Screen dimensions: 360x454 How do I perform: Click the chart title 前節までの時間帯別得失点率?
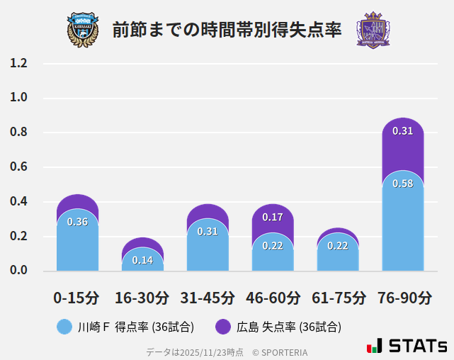coord(227,30)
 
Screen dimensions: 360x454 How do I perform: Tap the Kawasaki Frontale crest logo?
coord(83,29)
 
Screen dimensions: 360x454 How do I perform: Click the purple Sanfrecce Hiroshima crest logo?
coord(373,29)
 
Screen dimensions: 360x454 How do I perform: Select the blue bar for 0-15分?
coord(77,244)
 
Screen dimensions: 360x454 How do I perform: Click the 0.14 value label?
coord(142,260)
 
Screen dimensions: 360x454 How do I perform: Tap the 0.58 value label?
coord(402,184)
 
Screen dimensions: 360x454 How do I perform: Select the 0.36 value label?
coord(77,222)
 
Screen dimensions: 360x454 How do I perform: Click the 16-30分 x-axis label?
coord(142,298)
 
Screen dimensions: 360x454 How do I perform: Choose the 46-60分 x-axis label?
coord(273,298)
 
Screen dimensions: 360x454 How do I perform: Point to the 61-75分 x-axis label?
coord(338,298)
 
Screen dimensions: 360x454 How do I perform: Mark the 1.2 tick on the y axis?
coord(18,63)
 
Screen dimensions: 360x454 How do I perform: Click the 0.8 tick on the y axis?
coord(18,133)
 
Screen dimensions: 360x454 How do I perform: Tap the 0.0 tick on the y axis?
coord(18,270)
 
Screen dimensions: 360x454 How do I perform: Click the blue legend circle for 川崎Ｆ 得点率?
coord(64,327)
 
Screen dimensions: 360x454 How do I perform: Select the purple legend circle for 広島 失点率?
coord(223,327)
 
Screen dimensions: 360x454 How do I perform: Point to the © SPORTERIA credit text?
coord(280,352)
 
